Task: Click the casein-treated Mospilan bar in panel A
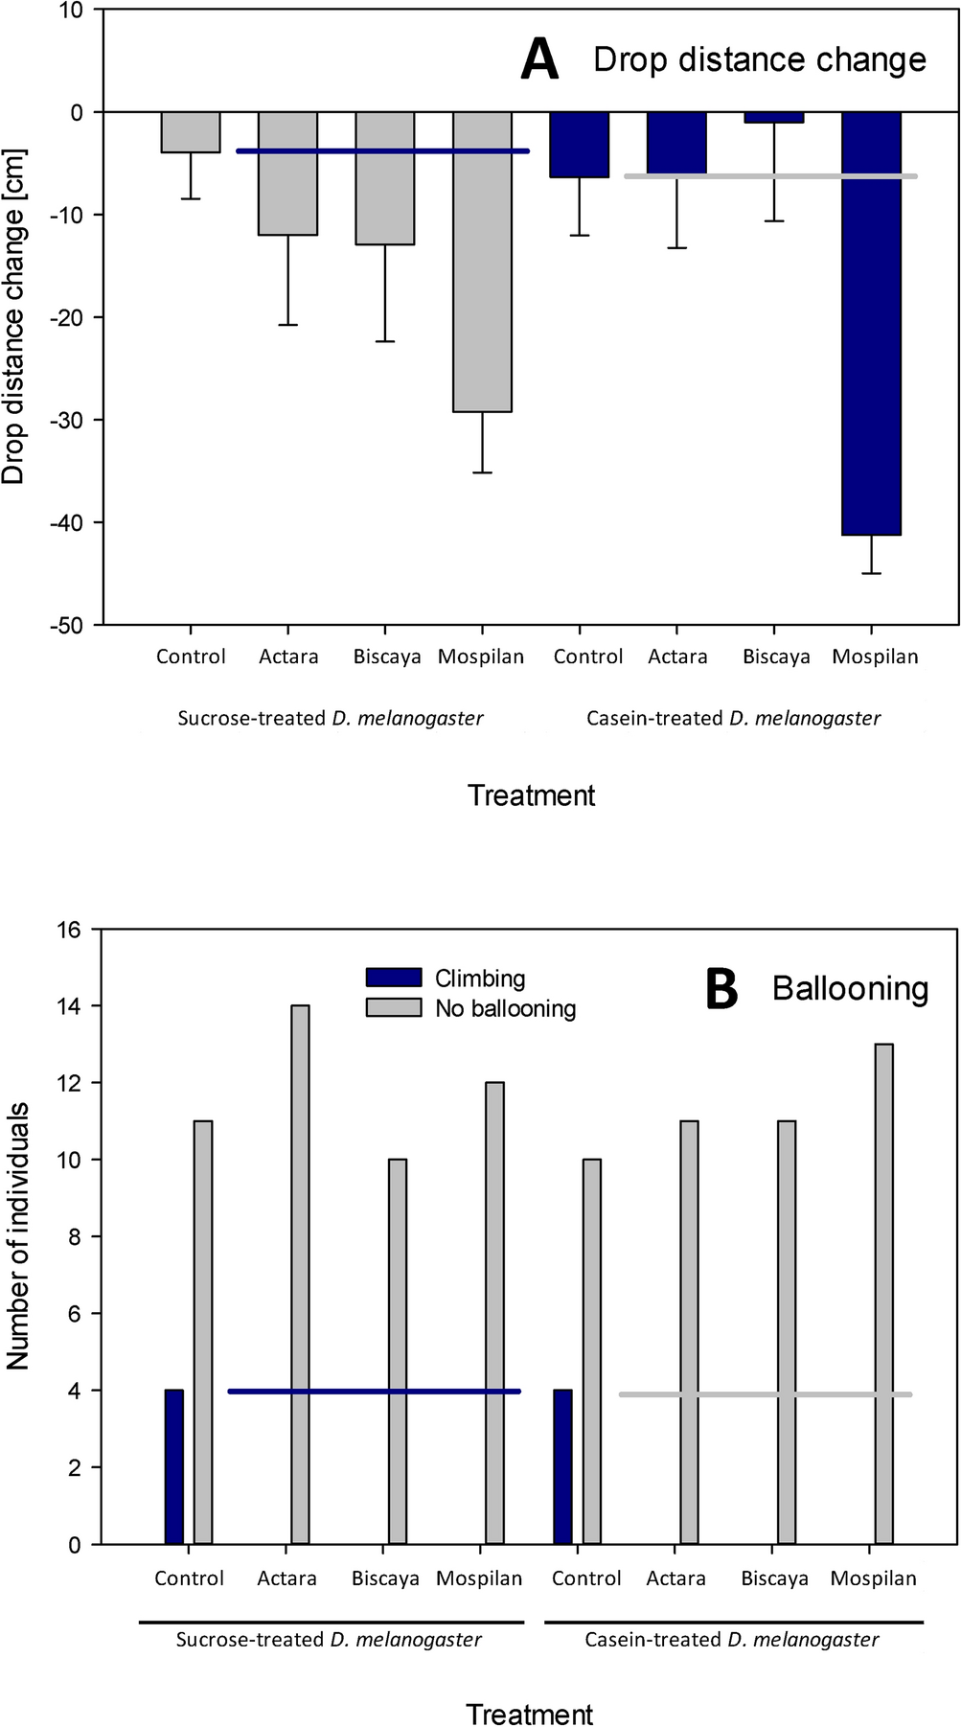871,323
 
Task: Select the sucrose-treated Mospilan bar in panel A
482,262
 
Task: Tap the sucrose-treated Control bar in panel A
191,132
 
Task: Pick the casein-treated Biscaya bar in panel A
773,118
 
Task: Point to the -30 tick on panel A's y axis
66,420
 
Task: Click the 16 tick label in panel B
74,930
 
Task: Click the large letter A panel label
539,59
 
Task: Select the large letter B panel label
721,989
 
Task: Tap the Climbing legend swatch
394,978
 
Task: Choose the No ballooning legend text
505,1008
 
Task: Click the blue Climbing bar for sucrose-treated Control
173,1466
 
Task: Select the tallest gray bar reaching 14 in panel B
300,1275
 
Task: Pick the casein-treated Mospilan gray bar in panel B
883,1294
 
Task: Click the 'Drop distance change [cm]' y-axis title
13,316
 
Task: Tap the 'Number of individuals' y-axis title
17,1236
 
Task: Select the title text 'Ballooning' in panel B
850,988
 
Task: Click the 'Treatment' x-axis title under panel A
531,795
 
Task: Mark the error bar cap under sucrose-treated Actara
288,325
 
